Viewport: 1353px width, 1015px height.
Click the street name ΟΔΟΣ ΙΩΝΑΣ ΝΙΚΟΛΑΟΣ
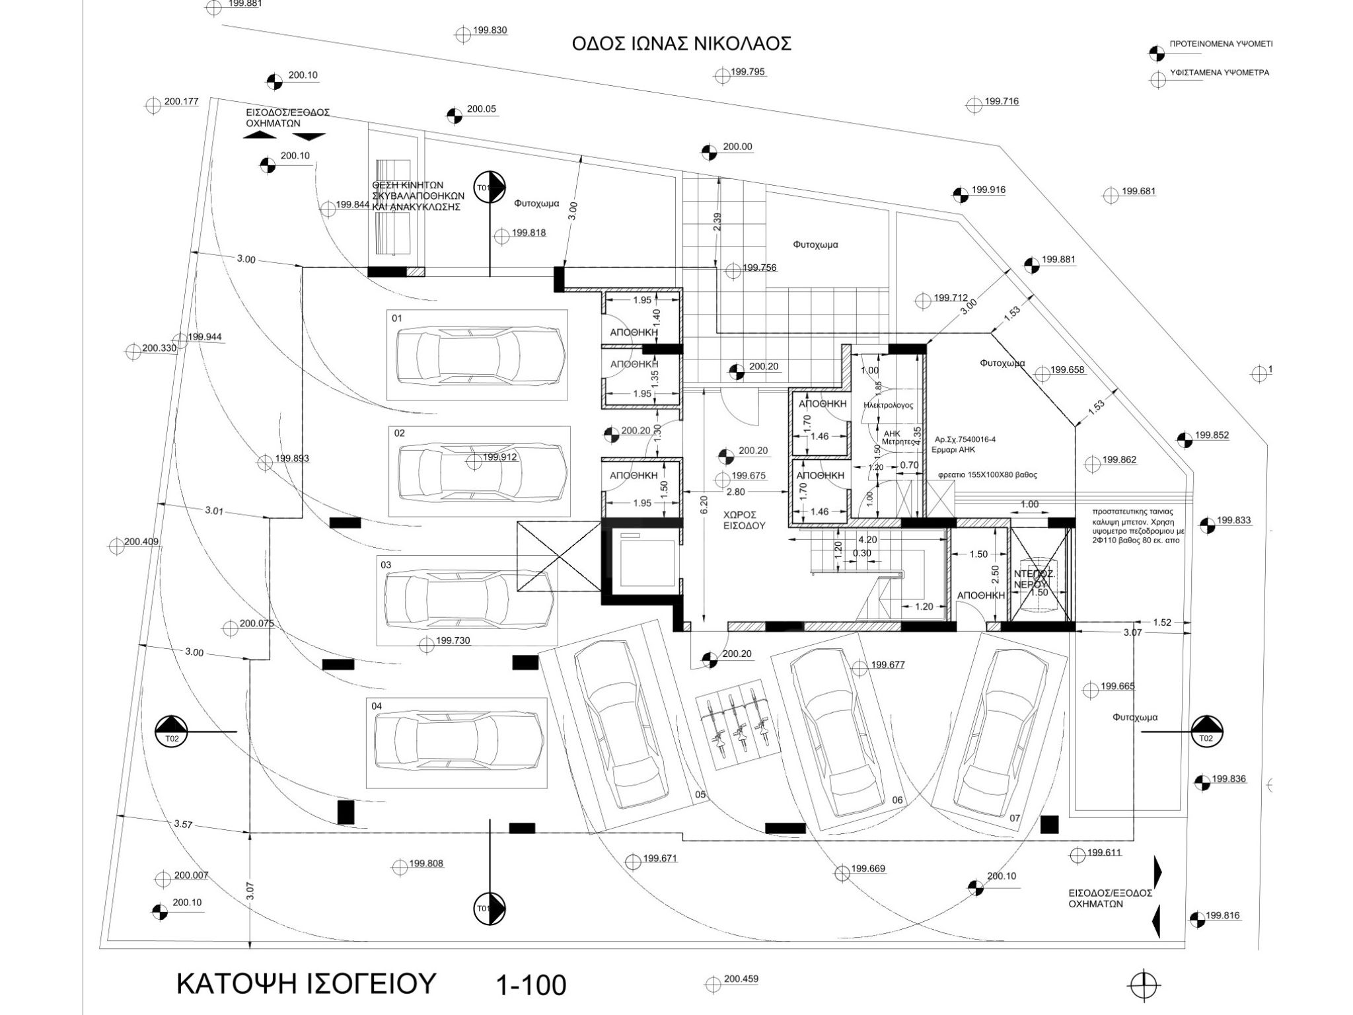(682, 44)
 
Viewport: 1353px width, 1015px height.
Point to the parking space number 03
(386, 565)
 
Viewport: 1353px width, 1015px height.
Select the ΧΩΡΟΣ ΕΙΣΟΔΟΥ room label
(743, 520)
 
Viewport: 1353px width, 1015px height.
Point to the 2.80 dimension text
(735, 492)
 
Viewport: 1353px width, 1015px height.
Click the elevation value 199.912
(499, 457)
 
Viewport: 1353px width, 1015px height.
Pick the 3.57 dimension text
(184, 824)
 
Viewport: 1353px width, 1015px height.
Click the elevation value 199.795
(748, 72)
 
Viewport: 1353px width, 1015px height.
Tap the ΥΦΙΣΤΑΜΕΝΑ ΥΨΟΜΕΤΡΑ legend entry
(1219, 73)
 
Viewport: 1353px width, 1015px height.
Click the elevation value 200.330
(159, 348)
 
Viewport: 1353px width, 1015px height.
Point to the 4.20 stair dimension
(867, 539)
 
